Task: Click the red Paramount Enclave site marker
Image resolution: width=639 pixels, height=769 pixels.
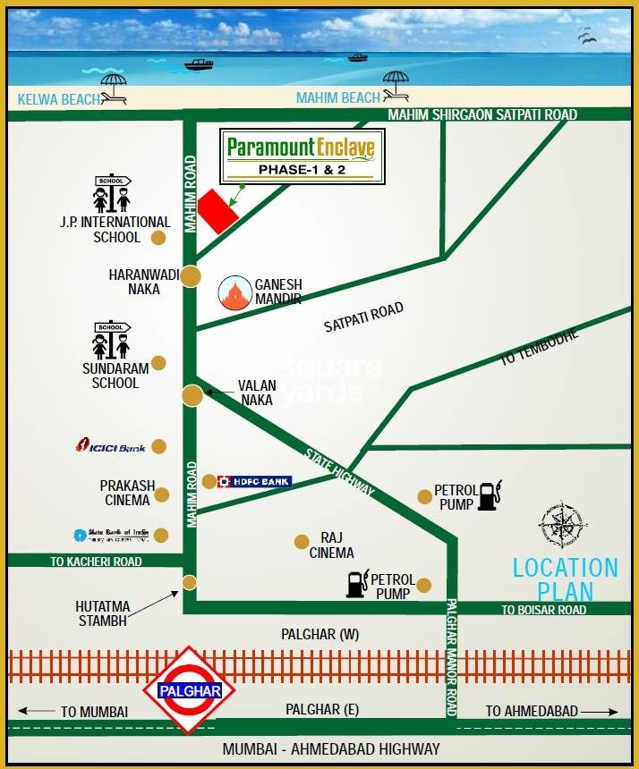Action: click(x=217, y=212)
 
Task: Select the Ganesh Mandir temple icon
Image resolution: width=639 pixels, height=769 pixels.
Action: click(x=235, y=292)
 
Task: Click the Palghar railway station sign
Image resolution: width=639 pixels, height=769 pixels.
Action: click(x=190, y=690)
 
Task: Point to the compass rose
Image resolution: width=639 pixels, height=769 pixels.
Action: click(x=562, y=527)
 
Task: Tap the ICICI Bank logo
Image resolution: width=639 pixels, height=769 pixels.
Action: click(x=110, y=445)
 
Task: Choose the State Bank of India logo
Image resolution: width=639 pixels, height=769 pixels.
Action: click(x=110, y=536)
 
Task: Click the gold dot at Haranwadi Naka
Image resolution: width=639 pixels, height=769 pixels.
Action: click(x=190, y=276)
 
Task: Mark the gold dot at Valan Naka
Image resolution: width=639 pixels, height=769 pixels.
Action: click(x=192, y=394)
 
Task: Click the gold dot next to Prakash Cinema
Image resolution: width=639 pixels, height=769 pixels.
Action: click(x=162, y=494)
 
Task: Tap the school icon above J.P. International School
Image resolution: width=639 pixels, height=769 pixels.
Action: click(x=112, y=194)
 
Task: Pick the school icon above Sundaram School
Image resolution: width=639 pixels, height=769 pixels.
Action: click(x=111, y=340)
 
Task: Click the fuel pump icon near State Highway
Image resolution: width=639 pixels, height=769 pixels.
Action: click(x=489, y=494)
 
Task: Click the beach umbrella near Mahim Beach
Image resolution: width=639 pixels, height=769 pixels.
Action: click(x=395, y=87)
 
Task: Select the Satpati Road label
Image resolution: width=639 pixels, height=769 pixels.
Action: click(x=363, y=317)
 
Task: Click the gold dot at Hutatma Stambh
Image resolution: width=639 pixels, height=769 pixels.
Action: click(x=190, y=582)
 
